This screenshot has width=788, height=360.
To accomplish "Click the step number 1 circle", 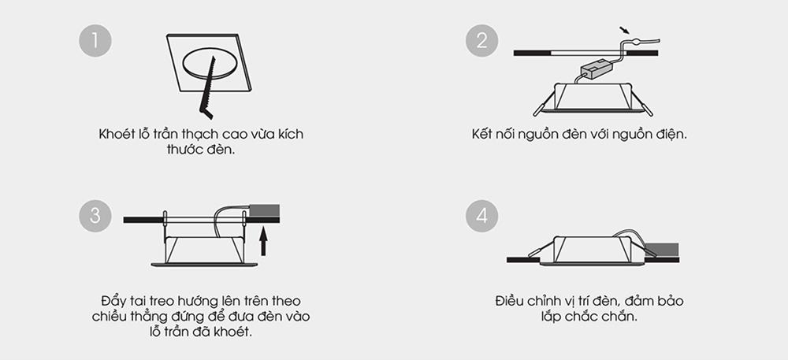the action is click(x=95, y=41).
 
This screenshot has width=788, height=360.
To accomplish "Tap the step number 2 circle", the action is click(x=481, y=41).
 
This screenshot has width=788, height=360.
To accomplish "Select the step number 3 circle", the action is click(x=95, y=216).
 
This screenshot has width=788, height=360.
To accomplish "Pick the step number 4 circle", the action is click(x=481, y=216).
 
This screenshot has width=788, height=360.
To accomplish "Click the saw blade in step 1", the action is click(x=208, y=87).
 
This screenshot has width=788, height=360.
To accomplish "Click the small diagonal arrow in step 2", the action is click(x=624, y=31).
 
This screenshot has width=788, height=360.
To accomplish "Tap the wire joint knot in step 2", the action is click(x=635, y=43).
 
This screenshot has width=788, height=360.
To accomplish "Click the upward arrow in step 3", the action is click(x=263, y=242).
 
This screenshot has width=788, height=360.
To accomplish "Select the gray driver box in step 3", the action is click(x=264, y=210).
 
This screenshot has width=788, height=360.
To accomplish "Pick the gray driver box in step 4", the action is click(x=663, y=250).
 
